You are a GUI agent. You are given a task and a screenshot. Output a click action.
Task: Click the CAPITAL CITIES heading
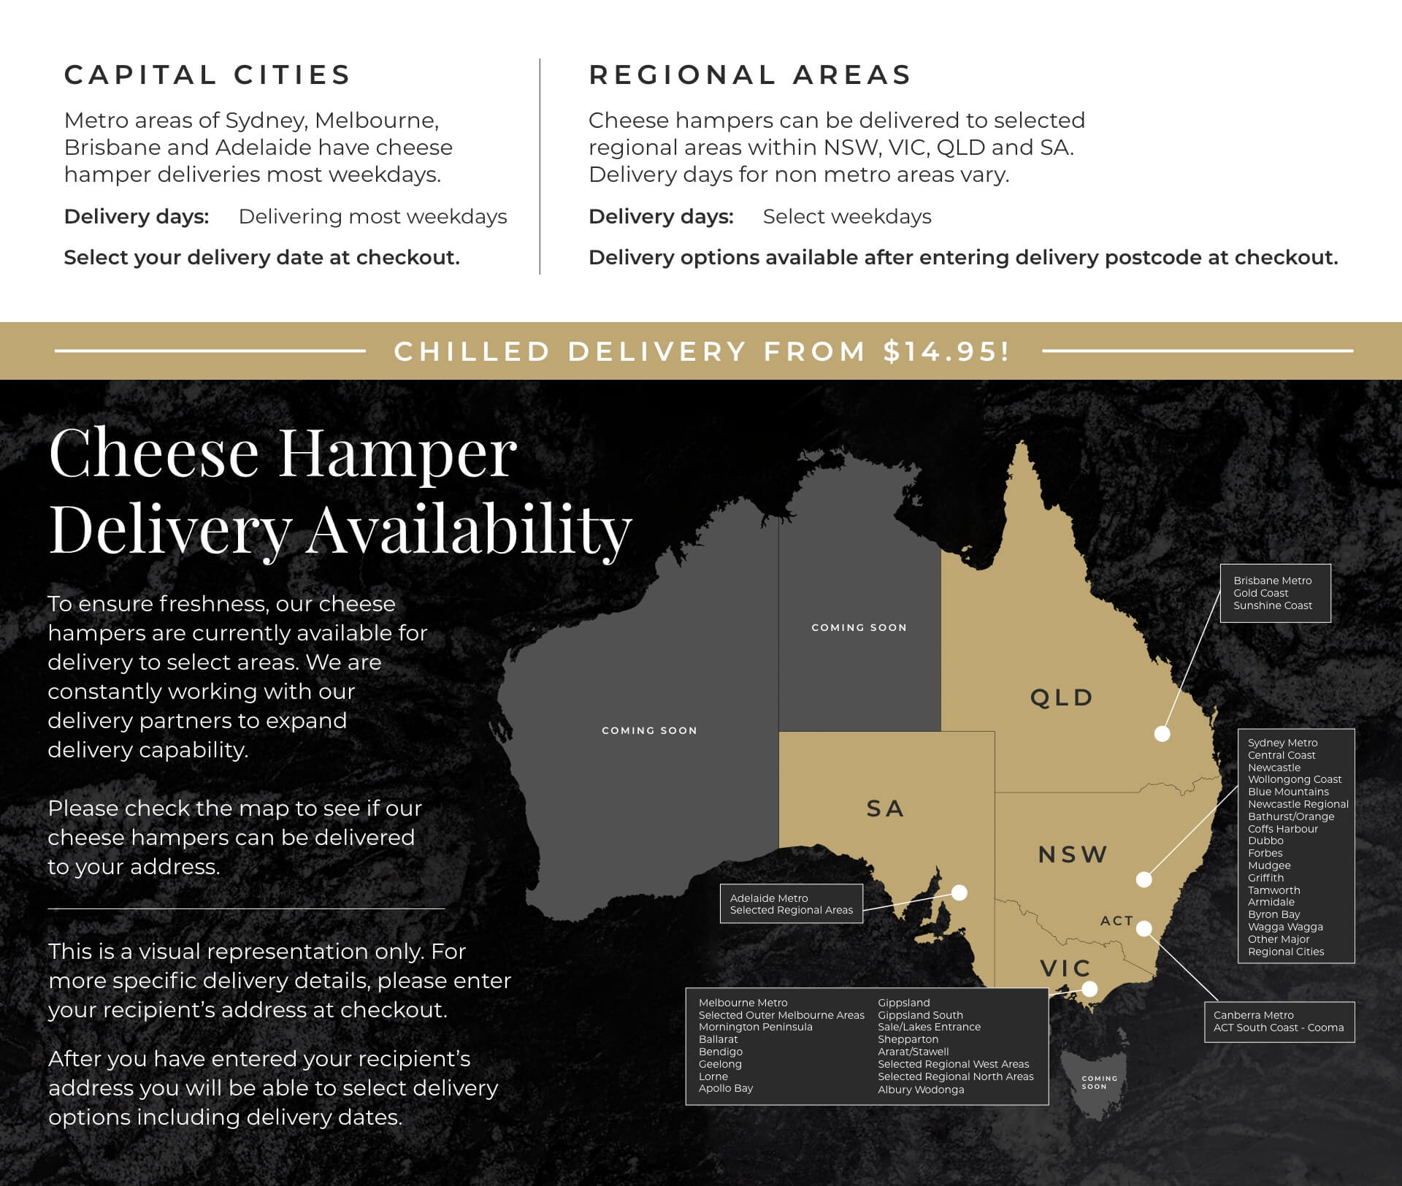pyautogui.click(x=207, y=74)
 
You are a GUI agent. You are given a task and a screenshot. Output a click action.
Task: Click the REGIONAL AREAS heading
pyautogui.click(x=750, y=74)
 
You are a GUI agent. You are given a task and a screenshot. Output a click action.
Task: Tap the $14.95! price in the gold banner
pyautogui.click(x=946, y=351)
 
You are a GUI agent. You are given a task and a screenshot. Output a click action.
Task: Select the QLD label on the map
pyautogui.click(x=1062, y=697)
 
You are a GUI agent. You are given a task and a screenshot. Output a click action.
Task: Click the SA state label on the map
pyautogui.click(x=885, y=808)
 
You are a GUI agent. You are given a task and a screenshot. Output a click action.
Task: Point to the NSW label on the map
pyautogui.click(x=1073, y=854)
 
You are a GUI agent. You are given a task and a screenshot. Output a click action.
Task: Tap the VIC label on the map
pyautogui.click(x=1065, y=968)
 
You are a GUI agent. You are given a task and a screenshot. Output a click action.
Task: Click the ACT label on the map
pyautogui.click(x=1116, y=921)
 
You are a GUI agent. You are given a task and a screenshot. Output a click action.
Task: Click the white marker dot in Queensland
pyautogui.click(x=1162, y=733)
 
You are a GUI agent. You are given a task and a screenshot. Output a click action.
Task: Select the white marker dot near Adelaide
pyautogui.click(x=959, y=892)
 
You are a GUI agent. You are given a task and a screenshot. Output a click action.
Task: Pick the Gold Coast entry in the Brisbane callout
pyautogui.click(x=1260, y=593)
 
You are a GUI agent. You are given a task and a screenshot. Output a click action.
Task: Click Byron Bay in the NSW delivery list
pyautogui.click(x=1273, y=914)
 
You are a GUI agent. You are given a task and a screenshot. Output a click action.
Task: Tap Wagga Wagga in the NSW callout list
pyautogui.click(x=1285, y=927)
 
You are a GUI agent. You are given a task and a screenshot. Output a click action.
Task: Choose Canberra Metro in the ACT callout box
pyautogui.click(x=1253, y=1015)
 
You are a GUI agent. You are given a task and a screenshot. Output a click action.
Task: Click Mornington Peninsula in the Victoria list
pyautogui.click(x=755, y=1027)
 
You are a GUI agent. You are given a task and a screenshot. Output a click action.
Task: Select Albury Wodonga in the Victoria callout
pyautogui.click(x=921, y=1090)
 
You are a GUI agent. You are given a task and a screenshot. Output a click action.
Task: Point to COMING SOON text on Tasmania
pyautogui.click(x=1099, y=1082)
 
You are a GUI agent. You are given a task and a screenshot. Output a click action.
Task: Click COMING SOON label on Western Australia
pyautogui.click(x=649, y=730)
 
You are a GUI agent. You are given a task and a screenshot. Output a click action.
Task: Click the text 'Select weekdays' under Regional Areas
pyautogui.click(x=847, y=217)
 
